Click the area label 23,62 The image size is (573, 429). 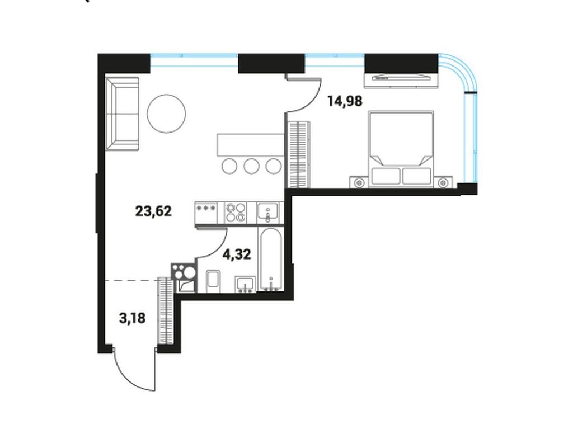pos(153,211)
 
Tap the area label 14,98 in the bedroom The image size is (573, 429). pos(345,101)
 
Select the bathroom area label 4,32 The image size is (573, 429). pos(236,254)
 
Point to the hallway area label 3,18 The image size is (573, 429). pos(133,319)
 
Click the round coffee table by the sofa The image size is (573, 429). pos(167,114)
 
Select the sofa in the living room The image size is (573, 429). pos(122,114)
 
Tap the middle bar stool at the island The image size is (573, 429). pos(251,166)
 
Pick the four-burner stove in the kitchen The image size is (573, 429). pos(236,213)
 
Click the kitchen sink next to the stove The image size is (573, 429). pos(269,213)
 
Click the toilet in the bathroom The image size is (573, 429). pos(213,280)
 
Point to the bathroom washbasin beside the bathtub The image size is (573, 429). pos(245,284)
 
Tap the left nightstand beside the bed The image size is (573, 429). pos(358,182)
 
